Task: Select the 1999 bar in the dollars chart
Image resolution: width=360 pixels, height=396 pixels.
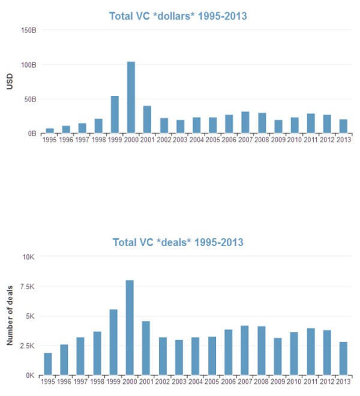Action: click(115, 115)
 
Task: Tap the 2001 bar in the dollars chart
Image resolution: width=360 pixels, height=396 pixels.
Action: click(147, 119)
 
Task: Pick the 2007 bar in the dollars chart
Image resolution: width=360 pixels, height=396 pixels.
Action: click(245, 122)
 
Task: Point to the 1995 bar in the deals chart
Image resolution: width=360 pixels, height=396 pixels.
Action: click(48, 364)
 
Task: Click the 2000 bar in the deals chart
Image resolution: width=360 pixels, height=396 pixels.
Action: click(130, 328)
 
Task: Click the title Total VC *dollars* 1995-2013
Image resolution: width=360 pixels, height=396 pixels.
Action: click(178, 16)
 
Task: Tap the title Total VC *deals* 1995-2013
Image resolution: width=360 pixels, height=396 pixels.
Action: click(178, 242)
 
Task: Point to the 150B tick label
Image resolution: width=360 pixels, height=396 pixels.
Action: click(28, 30)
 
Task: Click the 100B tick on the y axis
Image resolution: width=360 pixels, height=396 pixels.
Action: click(28, 64)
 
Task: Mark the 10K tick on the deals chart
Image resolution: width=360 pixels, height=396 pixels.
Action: click(29, 257)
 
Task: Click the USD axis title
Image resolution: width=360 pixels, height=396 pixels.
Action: click(10, 82)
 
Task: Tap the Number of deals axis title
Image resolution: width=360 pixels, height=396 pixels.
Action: click(10, 316)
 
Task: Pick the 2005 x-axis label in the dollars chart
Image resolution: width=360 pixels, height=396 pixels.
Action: click(212, 140)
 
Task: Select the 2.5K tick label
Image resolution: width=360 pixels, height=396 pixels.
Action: click(26, 346)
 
